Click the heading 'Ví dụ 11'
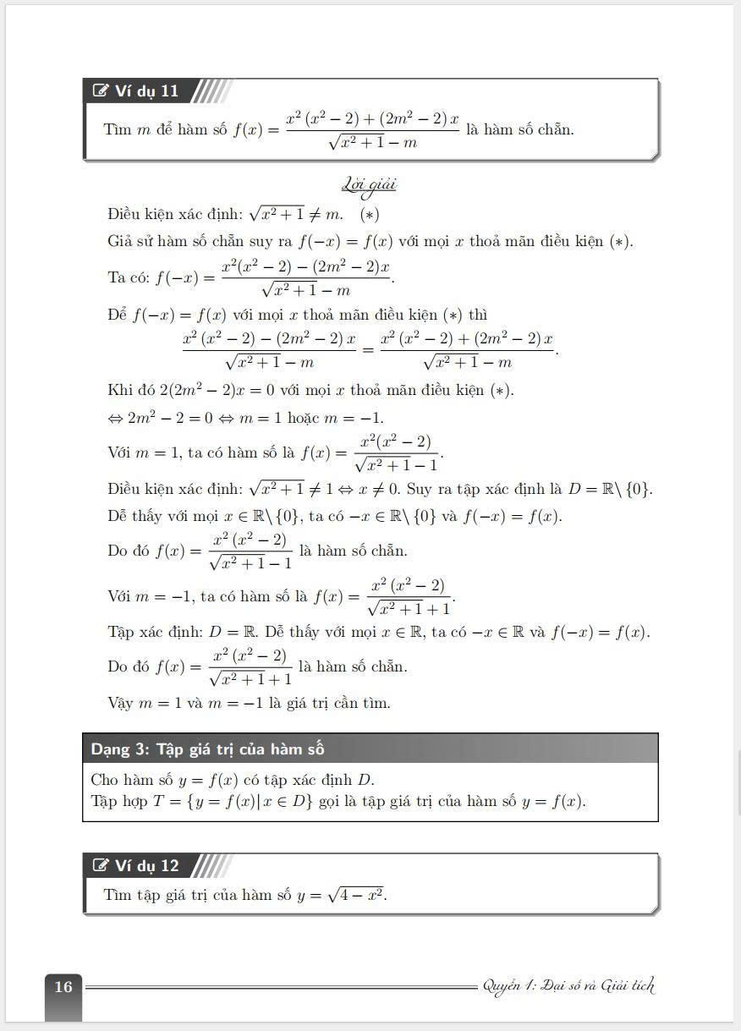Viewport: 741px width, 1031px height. (x=146, y=90)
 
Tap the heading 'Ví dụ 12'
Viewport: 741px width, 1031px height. (x=146, y=865)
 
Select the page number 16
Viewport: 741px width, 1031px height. (x=63, y=986)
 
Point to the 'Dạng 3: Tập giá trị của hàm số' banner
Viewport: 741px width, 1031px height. (x=208, y=749)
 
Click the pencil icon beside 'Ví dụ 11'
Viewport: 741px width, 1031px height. (x=102, y=90)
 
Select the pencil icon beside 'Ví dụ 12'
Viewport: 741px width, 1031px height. (x=102, y=865)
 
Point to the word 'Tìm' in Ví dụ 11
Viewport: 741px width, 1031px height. (x=118, y=129)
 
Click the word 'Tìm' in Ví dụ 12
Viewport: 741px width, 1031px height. (x=118, y=894)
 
